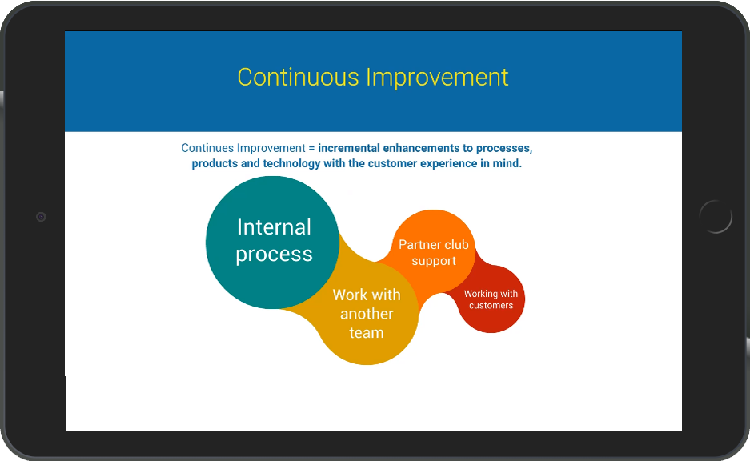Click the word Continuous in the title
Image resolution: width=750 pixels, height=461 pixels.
tap(298, 77)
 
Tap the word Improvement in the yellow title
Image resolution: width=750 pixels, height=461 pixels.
tap(437, 77)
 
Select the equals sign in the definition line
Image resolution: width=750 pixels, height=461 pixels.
tap(311, 148)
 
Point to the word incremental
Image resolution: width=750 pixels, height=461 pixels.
tap(349, 148)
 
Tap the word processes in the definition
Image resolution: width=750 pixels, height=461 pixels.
tap(504, 149)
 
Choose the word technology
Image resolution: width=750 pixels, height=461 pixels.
tap(291, 163)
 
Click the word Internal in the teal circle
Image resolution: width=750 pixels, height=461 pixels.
tap(274, 226)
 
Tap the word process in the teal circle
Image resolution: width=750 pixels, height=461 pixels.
tap(274, 255)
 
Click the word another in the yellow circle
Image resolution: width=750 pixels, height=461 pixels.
tap(367, 314)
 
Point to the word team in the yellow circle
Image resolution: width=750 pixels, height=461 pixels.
tap(367, 332)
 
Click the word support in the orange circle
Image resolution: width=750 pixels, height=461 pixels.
tap(434, 261)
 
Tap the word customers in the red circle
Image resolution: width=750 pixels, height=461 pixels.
tap(491, 305)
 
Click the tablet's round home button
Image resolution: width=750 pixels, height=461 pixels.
tap(716, 217)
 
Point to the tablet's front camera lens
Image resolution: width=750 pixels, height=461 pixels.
tap(41, 217)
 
